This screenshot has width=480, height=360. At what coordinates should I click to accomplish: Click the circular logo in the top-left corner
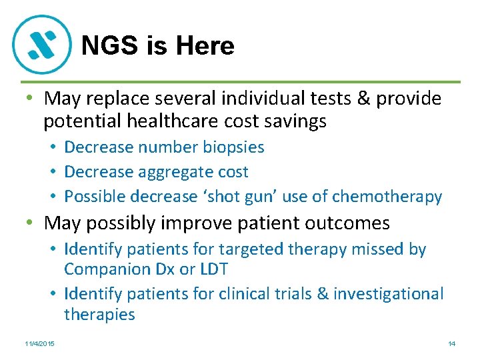coord(41,44)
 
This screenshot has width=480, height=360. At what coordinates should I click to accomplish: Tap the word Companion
coord(106,269)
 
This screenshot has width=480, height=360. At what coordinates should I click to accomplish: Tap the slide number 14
coord(451,343)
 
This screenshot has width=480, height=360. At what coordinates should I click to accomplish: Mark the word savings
coord(293,121)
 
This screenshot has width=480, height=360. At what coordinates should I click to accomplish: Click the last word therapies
coord(99,315)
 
